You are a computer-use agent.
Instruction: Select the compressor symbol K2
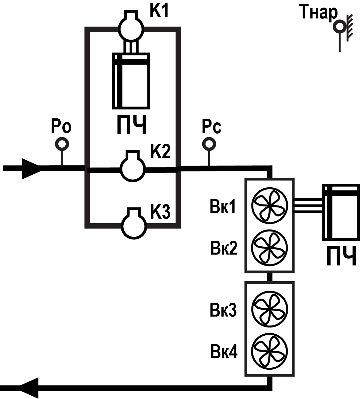click(133, 168)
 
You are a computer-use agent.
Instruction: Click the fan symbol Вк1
click(270, 206)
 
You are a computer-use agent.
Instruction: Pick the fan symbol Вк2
click(270, 247)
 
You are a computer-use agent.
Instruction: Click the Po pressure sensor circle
click(62, 144)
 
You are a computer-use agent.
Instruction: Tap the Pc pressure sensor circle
click(209, 144)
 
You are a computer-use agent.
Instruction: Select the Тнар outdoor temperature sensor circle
click(339, 26)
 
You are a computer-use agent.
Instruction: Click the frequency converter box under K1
click(131, 81)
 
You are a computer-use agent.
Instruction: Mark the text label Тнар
click(318, 13)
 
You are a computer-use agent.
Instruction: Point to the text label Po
click(61, 126)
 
